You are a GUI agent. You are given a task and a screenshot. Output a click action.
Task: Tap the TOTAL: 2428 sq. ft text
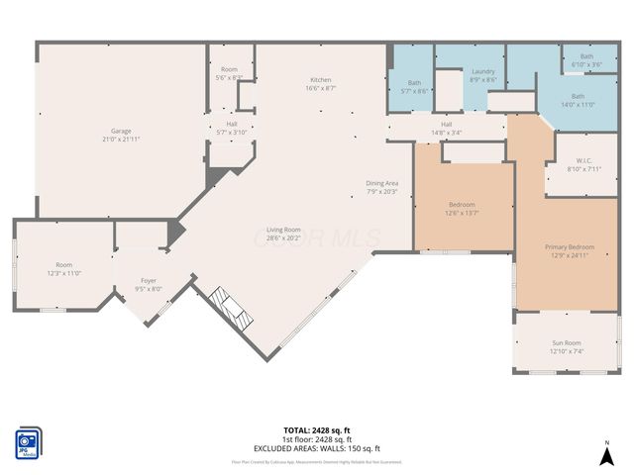pyautogui.click(x=317, y=430)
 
